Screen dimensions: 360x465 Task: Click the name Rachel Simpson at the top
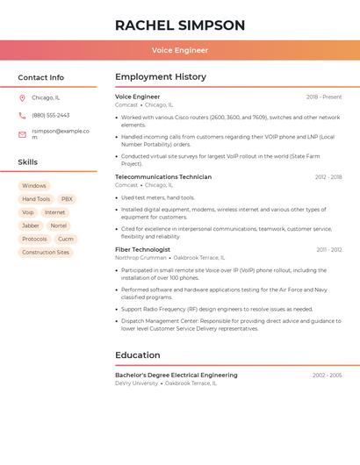180,25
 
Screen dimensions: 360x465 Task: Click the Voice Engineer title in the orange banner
180,50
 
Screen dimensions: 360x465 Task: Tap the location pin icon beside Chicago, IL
22,98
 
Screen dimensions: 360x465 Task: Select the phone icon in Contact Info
22,115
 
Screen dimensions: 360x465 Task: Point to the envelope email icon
22,134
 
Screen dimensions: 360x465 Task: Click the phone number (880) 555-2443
51,115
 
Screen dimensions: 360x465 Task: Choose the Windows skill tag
34,186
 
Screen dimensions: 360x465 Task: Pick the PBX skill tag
67,199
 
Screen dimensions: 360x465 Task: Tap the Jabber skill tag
31,225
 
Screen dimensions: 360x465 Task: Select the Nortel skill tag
59,225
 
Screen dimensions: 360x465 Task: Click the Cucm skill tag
66,239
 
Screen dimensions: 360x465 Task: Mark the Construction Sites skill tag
46,253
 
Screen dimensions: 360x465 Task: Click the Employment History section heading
161,77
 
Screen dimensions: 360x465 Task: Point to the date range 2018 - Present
324,97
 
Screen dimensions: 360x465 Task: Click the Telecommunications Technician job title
163,177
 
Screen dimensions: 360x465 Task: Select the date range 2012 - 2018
328,177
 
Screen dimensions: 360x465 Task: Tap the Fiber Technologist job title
143,250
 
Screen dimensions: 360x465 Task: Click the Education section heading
138,355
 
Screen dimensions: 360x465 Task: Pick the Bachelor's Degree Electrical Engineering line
176,376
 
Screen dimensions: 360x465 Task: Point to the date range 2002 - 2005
328,376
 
